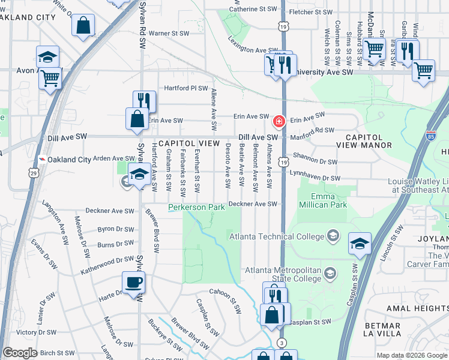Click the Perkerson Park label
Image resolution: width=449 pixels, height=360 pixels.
point(196,207)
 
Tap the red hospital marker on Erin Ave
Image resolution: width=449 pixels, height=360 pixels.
point(279,122)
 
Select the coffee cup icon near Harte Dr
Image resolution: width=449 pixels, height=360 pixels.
point(133,283)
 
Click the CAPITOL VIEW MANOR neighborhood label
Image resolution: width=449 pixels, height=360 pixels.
point(369,141)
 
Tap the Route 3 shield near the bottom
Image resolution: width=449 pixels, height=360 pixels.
point(281,342)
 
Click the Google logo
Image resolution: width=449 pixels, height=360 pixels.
point(20,353)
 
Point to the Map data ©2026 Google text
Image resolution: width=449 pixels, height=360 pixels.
point(411,355)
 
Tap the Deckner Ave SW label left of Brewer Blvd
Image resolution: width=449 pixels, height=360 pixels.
point(110,211)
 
